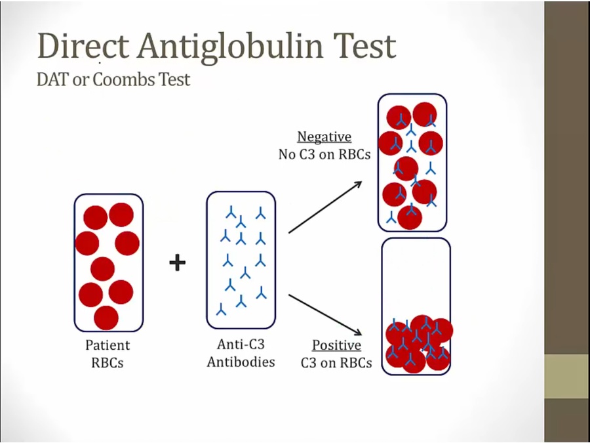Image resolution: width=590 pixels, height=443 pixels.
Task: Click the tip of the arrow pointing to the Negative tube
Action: tap(362, 182)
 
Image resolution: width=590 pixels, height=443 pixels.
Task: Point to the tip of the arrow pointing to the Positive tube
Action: tap(362, 335)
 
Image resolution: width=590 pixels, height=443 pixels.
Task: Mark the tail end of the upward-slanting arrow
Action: tap(289, 233)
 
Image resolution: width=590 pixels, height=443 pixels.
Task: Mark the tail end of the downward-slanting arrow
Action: tap(289, 295)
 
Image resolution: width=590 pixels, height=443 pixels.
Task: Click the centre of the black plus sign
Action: tap(177, 263)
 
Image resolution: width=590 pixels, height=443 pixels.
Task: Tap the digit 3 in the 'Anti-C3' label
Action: tap(260, 344)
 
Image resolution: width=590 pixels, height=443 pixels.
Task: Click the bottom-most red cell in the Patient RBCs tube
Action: tap(106, 318)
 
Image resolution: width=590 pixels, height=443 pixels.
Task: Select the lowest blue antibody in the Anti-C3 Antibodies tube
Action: tap(222, 309)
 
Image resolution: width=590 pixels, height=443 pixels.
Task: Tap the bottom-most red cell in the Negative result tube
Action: tap(410, 217)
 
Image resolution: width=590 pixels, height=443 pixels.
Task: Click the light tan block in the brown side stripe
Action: tap(567, 376)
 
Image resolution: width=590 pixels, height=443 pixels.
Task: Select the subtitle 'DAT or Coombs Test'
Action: tap(113, 79)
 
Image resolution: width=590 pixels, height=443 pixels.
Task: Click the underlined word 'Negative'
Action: tap(324, 137)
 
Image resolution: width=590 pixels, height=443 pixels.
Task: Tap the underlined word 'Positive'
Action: tap(337, 345)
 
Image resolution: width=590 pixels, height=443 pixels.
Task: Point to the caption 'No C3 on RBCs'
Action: tap(324, 154)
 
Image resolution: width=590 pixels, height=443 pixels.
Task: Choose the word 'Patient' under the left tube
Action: tap(108, 345)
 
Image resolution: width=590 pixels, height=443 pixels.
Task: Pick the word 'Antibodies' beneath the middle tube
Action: tap(241, 362)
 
